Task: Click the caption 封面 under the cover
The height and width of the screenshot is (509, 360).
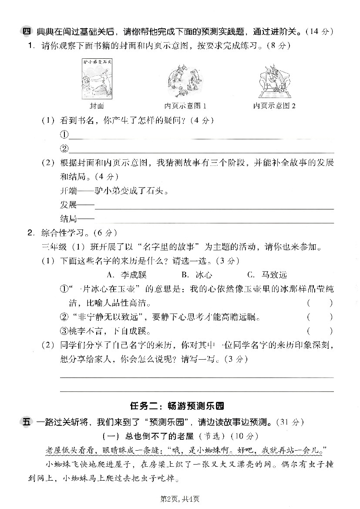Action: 97,106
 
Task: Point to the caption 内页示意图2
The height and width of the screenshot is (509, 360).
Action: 275,106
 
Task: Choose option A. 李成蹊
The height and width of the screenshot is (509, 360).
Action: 127,275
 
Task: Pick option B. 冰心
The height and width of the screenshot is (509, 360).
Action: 198,275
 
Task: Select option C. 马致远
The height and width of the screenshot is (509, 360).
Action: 267,275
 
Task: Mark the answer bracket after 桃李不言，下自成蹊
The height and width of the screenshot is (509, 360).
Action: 320,331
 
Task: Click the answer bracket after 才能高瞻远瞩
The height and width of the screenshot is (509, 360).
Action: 320,317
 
